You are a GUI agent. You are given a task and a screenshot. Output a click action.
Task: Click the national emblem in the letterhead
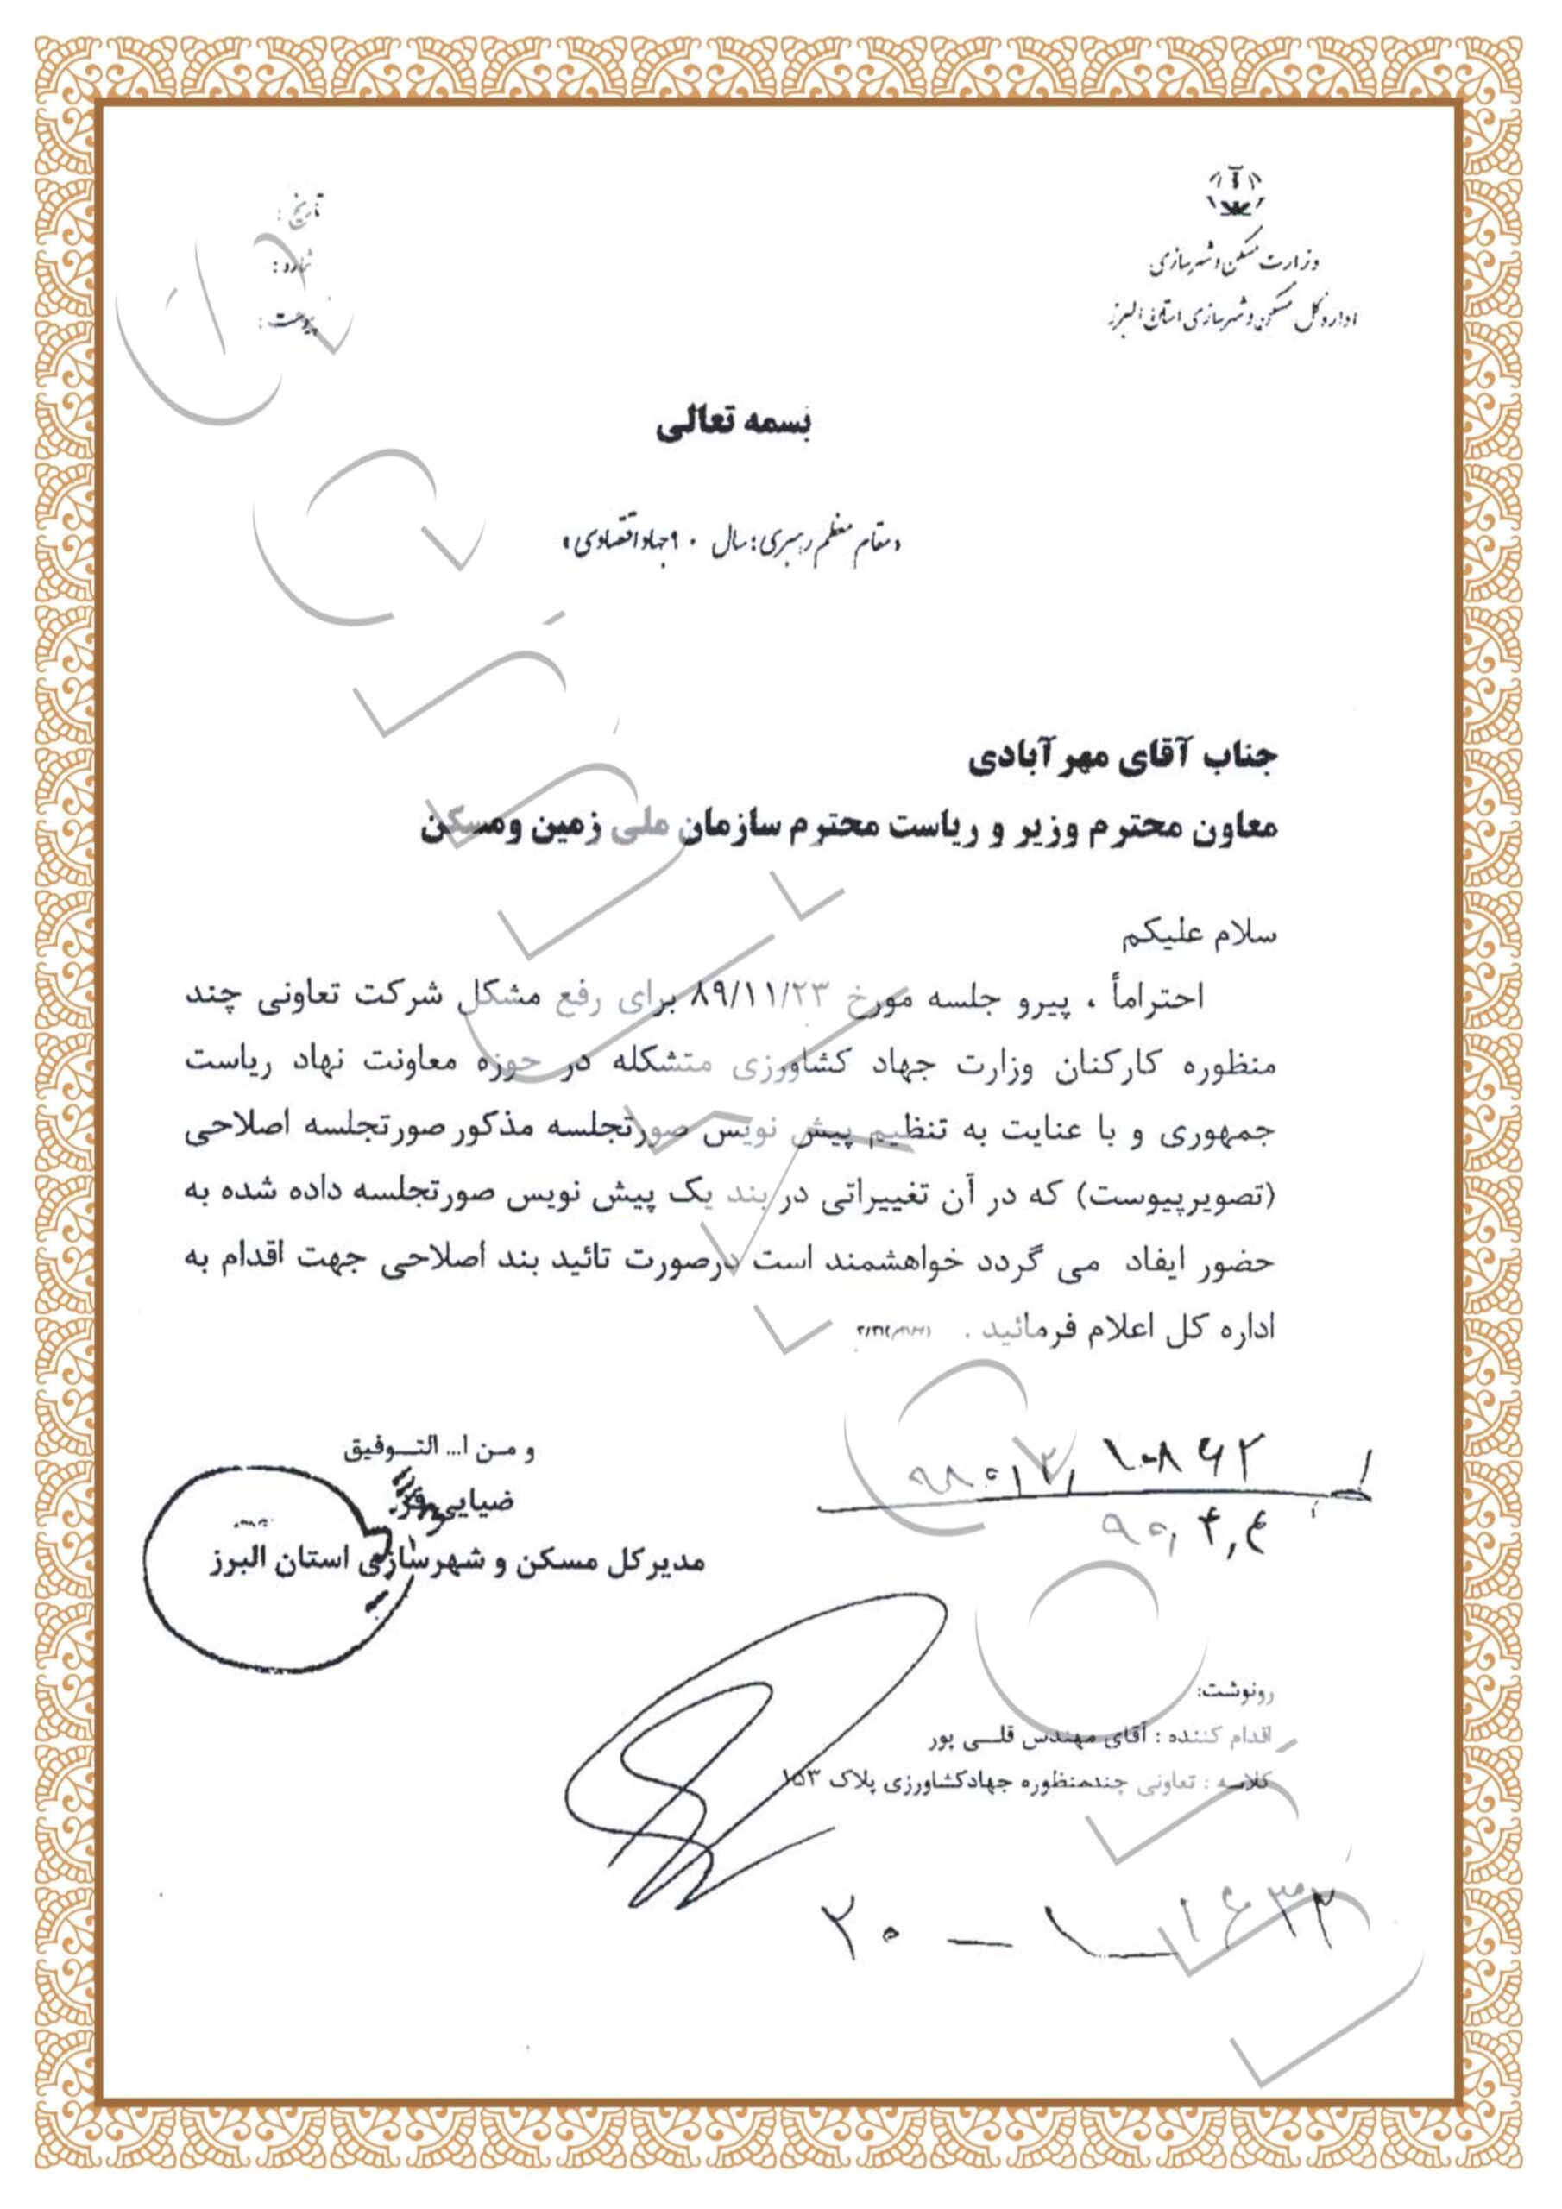click(x=1236, y=193)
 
